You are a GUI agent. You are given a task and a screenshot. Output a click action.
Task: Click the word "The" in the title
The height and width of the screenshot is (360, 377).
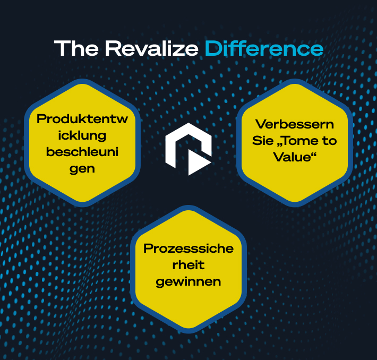click(x=76, y=48)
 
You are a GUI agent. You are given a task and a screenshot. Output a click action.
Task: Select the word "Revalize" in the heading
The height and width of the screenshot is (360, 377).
click(x=152, y=48)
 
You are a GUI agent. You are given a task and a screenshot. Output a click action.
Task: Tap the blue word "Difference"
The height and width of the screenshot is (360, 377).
click(x=264, y=48)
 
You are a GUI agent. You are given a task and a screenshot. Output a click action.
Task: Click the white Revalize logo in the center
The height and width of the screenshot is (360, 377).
click(x=188, y=148)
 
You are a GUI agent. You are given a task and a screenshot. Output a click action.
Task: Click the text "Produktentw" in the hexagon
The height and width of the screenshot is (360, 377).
click(x=82, y=119)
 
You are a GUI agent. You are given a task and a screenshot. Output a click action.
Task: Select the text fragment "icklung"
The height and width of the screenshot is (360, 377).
click(x=82, y=135)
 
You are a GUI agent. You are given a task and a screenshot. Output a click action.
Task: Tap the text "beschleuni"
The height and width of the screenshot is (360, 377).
click(x=82, y=152)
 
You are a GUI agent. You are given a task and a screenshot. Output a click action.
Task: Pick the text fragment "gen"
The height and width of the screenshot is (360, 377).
click(x=82, y=169)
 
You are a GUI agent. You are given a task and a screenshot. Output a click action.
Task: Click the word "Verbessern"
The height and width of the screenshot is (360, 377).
click(x=295, y=124)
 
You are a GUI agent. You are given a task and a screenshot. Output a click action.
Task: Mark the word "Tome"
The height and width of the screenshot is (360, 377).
click(x=303, y=141)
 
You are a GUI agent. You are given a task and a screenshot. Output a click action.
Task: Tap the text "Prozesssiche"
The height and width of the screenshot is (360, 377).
click(x=188, y=248)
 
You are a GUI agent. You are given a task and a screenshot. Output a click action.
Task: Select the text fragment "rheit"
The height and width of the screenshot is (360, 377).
click(x=188, y=265)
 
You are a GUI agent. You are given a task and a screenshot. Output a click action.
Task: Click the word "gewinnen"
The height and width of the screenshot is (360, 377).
click(x=188, y=281)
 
